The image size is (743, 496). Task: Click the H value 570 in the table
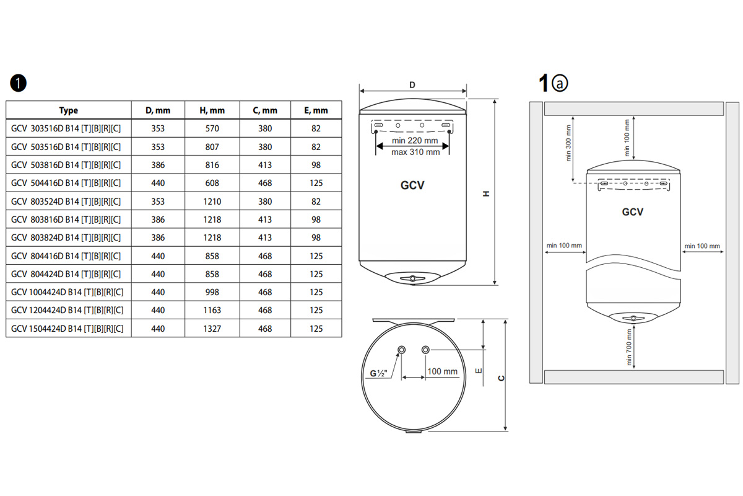212,128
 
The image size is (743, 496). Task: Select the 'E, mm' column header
316,110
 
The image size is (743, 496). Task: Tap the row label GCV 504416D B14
66,183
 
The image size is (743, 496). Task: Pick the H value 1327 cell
212,329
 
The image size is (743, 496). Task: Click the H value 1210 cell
212,201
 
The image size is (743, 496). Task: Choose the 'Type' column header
68,110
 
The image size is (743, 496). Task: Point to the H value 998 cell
212,292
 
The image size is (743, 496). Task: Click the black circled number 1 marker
18,83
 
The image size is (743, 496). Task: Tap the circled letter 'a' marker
560,83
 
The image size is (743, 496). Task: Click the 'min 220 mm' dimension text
415,141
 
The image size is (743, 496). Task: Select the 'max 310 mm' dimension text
415,152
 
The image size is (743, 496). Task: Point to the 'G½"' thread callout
378,373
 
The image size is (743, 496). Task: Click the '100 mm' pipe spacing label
442,371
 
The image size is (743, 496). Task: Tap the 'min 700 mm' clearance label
628,347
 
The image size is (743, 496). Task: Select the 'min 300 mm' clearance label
568,143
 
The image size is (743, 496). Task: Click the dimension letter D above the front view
412,85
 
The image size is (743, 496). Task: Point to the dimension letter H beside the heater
486,193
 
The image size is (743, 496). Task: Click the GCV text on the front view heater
412,185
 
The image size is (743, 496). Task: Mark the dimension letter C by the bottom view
501,378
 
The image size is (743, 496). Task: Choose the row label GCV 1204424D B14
67,310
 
